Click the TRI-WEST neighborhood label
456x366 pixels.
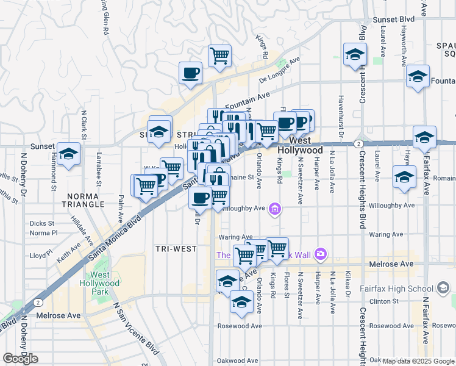176,249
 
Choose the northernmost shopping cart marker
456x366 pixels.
219,56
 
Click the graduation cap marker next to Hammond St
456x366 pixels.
69,155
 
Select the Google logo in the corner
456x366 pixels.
21,359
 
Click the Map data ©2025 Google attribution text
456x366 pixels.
418,361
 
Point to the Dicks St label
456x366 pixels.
42,224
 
